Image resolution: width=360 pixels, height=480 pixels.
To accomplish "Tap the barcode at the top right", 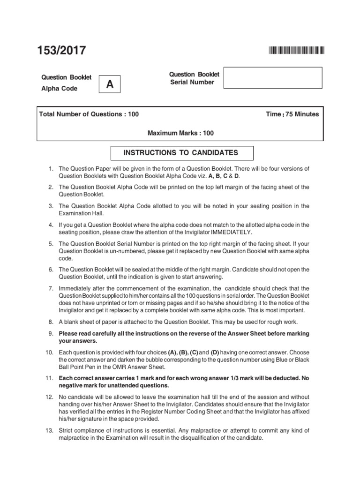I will click(x=296, y=51).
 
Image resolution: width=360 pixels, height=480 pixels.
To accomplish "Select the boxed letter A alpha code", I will click(x=110, y=84).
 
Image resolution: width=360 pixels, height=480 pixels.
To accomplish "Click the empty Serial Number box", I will click(x=273, y=77).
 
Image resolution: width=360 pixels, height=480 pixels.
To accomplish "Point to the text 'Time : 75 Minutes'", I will click(x=292, y=114).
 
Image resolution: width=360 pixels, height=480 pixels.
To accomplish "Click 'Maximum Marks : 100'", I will click(x=180, y=133).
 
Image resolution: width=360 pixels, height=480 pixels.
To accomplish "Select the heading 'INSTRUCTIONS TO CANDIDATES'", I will click(x=181, y=153).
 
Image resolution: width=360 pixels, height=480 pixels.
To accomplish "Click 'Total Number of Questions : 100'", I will click(x=89, y=114).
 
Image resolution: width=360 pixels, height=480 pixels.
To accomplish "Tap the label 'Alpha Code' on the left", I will click(x=60, y=88).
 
